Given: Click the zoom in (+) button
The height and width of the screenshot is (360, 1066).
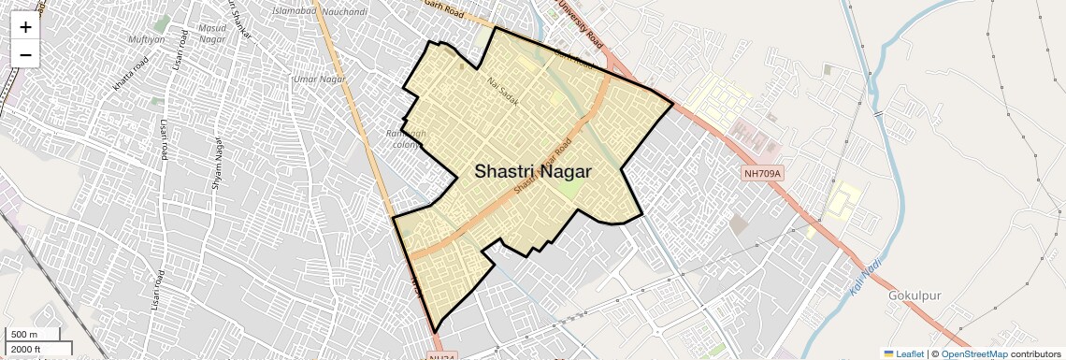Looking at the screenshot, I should click(25, 27).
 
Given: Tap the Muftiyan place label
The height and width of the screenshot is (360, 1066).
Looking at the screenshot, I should click(147, 39).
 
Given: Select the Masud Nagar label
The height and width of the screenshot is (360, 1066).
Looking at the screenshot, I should click(212, 34).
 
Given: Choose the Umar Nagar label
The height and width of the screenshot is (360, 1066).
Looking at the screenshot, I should click(320, 79).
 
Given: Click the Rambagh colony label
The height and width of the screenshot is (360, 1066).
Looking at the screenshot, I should click(406, 139).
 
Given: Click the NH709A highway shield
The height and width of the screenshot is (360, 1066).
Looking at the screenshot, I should click(762, 173).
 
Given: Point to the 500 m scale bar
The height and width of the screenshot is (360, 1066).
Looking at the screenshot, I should click(34, 335).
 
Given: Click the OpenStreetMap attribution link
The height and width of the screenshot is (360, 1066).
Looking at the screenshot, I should click(973, 353).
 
